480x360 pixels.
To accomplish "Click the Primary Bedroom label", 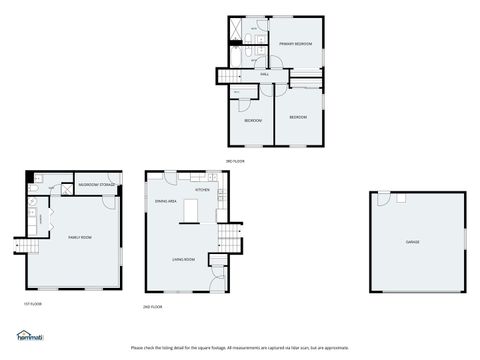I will pos(295,44).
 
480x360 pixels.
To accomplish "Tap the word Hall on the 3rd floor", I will pos(265,74).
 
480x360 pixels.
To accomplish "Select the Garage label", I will pos(412,242).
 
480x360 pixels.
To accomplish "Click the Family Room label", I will pos(80,237).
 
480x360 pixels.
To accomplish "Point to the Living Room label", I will pos(182,258).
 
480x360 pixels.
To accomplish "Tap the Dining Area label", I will pos(166,201).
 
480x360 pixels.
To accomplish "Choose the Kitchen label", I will pos(202,189).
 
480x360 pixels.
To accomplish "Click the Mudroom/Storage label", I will pos(98,185).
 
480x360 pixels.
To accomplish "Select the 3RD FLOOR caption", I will pos(236,160).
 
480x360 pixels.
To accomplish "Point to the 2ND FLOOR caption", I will pos(152,306).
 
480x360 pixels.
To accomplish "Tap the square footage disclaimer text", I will pos(240,347).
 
